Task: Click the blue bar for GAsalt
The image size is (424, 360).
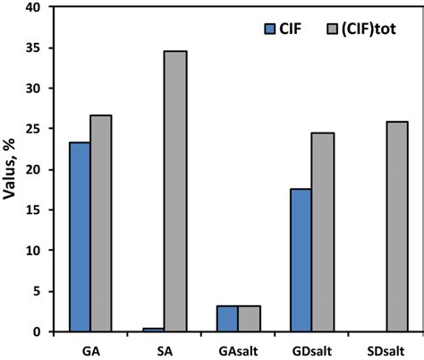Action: (226, 319)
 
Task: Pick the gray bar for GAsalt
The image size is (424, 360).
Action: (250, 319)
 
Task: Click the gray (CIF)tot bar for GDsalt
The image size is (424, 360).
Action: (323, 233)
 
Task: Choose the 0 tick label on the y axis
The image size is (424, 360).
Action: (37, 332)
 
